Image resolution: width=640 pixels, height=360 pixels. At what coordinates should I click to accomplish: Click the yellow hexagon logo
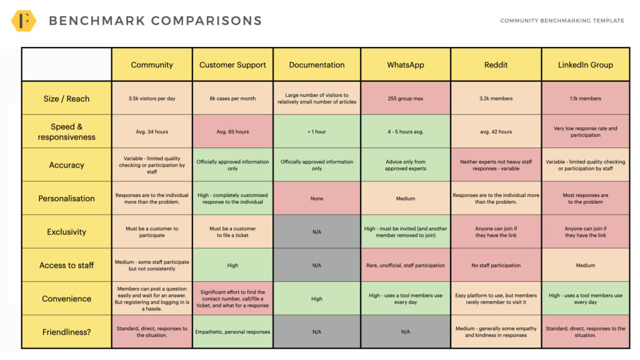pos(24,21)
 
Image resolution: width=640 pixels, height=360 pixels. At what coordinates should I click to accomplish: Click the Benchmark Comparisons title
pos(155,21)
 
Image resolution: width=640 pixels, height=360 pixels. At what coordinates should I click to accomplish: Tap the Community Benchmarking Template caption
pos(562,21)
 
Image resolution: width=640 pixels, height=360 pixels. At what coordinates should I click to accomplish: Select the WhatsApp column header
pos(405,65)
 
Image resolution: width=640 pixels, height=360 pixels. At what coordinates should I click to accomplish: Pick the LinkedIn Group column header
pos(585,65)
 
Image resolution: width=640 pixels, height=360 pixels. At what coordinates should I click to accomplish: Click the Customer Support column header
pos(232,65)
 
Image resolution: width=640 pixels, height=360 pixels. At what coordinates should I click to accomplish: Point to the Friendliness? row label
pos(66,332)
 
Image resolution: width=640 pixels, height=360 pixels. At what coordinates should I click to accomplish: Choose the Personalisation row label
pos(66,198)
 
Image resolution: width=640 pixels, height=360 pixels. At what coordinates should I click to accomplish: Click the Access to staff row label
pos(66,265)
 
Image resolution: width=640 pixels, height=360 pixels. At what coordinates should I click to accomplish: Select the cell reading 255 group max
pos(405,99)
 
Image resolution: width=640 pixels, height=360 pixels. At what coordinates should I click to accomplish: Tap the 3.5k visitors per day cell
pos(152,99)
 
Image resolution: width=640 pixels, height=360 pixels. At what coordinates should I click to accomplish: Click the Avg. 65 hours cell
pos(232,132)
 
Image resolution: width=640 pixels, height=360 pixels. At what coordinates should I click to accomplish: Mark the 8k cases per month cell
pos(232,99)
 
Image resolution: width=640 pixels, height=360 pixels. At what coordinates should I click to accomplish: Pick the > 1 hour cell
pos(317,132)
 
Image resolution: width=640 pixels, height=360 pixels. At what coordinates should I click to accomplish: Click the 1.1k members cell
pos(585,99)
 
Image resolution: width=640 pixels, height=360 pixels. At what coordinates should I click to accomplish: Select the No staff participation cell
pos(496,265)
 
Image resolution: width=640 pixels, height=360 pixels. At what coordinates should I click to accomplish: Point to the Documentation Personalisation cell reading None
pos(317,199)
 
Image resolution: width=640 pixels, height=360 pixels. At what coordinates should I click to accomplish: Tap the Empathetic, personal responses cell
pos(232,332)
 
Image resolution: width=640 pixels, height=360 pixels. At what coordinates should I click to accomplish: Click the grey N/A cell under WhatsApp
pos(405,332)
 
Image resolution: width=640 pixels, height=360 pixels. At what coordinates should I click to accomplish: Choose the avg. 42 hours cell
pos(496,132)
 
